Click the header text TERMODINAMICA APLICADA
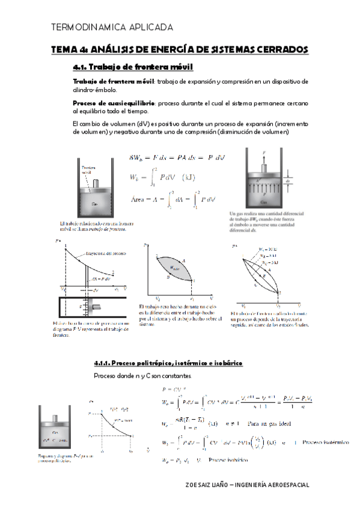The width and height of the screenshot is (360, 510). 113,28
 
